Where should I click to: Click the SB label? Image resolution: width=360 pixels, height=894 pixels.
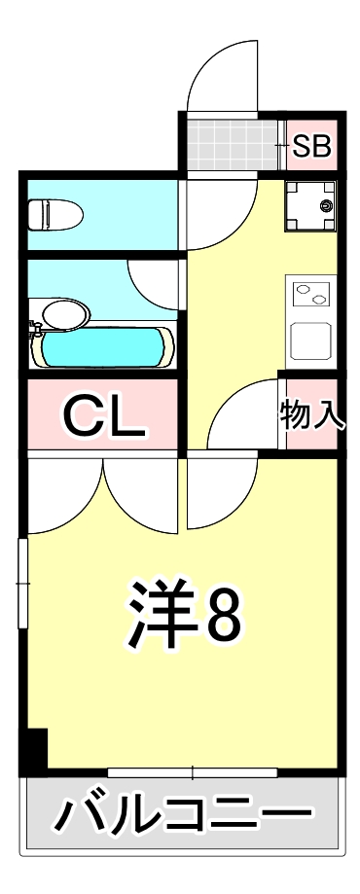[312, 147]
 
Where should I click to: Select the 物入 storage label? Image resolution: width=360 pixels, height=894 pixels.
[311, 413]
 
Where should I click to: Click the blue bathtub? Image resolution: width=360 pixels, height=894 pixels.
[102, 346]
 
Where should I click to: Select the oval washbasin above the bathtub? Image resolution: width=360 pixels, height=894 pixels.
[64, 314]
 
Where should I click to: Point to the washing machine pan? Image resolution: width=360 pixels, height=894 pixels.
[309, 206]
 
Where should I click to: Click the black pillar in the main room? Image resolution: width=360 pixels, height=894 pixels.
[35, 747]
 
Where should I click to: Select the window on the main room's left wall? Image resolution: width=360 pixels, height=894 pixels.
[22, 584]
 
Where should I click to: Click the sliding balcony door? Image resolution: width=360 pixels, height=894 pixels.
[192, 772]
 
